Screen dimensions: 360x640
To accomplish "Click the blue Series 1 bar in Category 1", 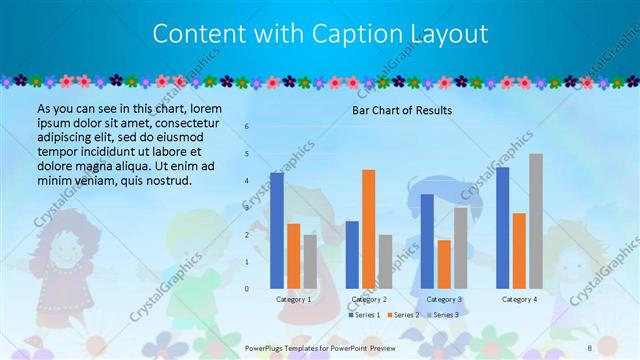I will [x=277, y=231].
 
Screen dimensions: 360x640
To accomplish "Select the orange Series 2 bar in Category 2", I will [x=368, y=229].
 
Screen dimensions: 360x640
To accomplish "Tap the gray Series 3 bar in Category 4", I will [x=536, y=221].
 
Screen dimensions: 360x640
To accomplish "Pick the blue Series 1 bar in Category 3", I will [x=427, y=241].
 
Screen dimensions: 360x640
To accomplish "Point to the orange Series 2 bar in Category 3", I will [x=443, y=264].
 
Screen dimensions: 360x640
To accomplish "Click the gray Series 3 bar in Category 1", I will [x=310, y=262].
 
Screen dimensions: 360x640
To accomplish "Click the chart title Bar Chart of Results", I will [x=402, y=110].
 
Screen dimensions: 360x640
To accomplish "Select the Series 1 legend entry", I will [x=363, y=315].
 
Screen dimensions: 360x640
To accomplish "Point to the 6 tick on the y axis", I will [x=247, y=127].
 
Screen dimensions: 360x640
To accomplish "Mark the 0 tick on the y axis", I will [x=247, y=288].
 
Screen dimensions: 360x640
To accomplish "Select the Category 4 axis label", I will [x=519, y=299].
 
